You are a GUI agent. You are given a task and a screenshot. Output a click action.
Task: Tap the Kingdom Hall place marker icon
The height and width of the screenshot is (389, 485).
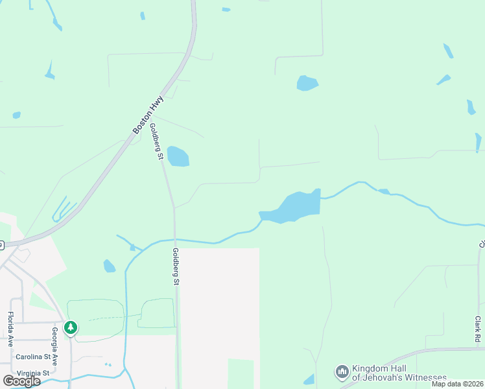point(342,372)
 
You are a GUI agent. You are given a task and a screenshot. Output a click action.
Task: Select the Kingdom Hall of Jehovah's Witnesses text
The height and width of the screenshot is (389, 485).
point(399,372)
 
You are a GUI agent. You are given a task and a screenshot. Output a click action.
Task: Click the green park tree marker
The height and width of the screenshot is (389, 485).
point(71,327)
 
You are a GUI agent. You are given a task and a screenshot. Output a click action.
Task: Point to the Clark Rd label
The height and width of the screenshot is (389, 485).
point(478,329)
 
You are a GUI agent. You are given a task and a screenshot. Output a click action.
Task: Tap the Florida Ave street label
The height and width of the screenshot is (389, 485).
point(11,329)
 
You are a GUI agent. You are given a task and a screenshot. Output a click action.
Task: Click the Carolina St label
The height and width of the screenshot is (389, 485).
point(33,357)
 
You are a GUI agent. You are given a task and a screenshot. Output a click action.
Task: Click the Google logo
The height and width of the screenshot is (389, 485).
point(21,381)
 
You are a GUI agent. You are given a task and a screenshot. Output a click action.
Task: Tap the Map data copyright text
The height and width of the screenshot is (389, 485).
point(457,384)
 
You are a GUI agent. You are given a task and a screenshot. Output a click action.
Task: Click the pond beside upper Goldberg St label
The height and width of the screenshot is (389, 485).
point(178,156)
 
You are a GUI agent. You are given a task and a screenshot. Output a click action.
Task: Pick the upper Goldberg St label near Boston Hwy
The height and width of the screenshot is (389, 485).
point(156,141)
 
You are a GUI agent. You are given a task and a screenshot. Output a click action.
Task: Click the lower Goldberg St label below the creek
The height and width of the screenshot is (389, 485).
point(175,266)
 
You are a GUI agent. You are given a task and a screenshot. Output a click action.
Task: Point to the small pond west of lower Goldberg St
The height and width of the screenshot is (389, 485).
point(109,266)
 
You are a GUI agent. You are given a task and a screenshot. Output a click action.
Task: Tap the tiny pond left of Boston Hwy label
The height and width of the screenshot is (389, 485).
point(16,115)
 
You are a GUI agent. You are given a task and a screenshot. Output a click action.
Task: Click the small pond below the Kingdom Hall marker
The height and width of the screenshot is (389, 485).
point(309,379)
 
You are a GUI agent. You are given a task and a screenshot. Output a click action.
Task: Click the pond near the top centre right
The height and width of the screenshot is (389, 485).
point(307,83)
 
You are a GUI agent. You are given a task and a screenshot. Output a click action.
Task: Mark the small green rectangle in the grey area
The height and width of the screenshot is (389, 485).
point(241,373)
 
